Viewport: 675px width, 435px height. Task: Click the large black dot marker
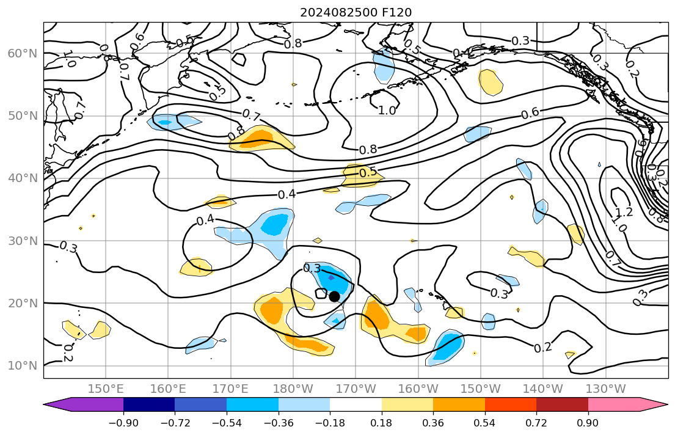click(x=334, y=296)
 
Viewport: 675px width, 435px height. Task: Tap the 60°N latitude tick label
click(x=22, y=54)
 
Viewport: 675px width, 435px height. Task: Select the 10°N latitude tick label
click(x=22, y=366)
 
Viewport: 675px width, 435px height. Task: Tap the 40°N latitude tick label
click(x=22, y=178)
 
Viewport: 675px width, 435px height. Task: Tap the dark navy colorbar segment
click(x=149, y=404)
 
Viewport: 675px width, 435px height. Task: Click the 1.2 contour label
click(x=624, y=213)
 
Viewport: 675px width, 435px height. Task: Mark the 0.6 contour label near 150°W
click(x=530, y=114)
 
